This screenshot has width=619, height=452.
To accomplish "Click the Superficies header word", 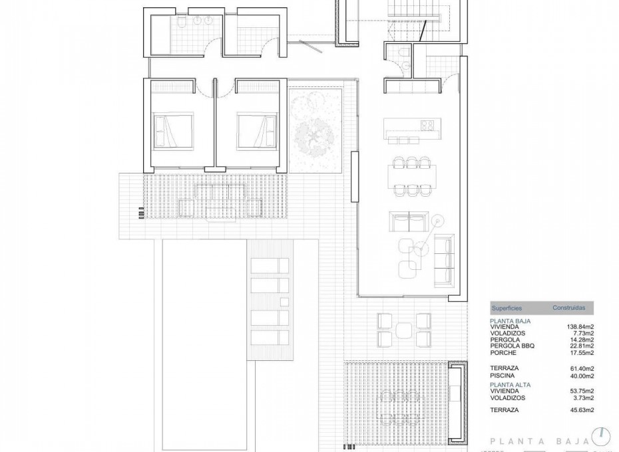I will pos(507,308).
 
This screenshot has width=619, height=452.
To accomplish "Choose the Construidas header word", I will pos(569,308).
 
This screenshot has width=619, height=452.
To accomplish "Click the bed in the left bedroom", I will pos(174,130).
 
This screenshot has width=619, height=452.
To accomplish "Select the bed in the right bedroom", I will pos(257,130).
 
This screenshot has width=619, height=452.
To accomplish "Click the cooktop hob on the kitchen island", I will pos(427,125).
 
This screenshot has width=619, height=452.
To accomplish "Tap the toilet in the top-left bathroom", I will pos(180,25).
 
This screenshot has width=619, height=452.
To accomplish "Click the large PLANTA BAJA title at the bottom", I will pos(539,440).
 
